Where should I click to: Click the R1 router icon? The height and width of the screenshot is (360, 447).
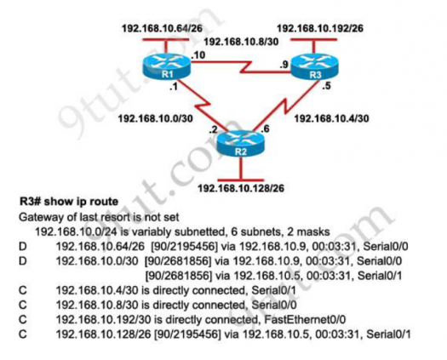coord(167,66)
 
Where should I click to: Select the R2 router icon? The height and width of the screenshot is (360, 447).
coord(241,144)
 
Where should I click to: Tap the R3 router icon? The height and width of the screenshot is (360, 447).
coord(314,66)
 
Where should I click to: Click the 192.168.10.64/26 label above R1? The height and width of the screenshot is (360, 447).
coord(162,28)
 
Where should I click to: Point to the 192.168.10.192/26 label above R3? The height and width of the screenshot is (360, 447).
coord(320,28)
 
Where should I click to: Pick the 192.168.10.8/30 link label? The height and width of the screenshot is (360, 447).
coord(241,42)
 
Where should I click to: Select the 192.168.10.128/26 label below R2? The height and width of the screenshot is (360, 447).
coord(241,188)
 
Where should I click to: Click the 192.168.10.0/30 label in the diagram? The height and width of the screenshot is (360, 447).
coord(155,118)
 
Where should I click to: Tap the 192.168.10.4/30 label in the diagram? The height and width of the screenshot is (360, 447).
coord(331,118)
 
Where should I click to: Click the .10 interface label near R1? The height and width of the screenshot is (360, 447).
coord(198,55)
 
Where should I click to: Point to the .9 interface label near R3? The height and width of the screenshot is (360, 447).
coord(284,65)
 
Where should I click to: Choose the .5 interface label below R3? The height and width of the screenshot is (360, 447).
coord(326,86)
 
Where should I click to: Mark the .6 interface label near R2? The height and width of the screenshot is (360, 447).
coord(265,129)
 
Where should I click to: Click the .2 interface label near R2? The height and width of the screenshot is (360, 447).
coord(213,129)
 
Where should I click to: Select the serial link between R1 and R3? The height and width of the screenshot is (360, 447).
coord(241,66)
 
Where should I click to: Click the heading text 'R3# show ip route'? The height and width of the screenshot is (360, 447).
coord(69,202)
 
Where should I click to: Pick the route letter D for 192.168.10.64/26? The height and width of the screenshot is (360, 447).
coord(22,246)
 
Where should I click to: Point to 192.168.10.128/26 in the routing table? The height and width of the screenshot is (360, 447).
coord(103,334)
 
